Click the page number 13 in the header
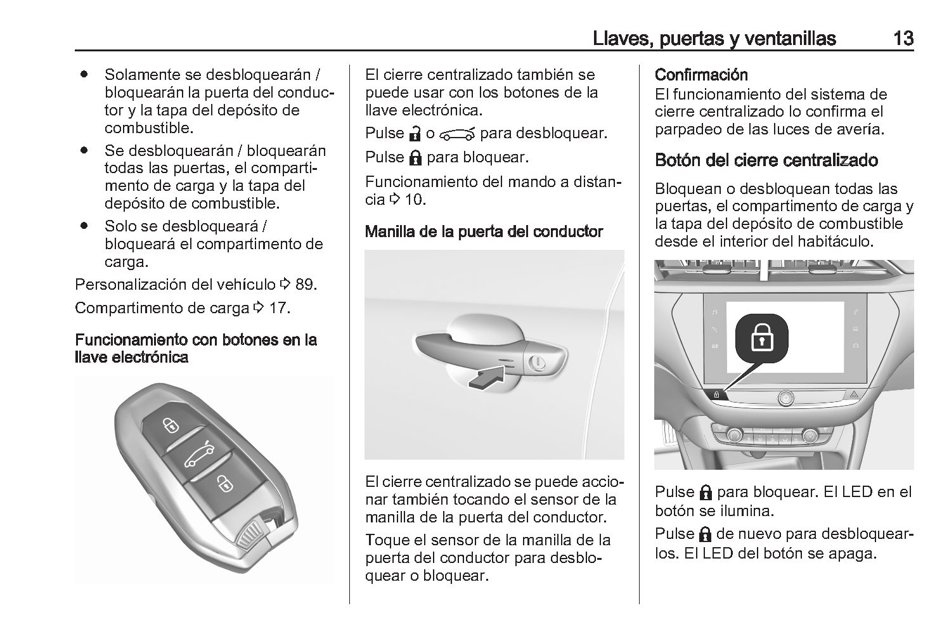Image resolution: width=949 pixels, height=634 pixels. click(x=903, y=39)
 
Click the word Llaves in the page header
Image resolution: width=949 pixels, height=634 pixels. click(x=620, y=39)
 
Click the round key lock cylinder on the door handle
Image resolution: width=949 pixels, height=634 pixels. click(x=536, y=363)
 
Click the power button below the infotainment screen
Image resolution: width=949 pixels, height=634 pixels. click(x=785, y=398)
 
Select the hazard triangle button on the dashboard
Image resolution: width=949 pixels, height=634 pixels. click(x=854, y=394)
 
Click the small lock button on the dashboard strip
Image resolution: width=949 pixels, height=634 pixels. click(x=716, y=394)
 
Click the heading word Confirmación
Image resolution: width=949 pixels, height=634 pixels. click(x=701, y=75)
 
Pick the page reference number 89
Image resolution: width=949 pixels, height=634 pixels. click(x=305, y=284)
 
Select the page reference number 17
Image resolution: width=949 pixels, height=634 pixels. click(x=278, y=308)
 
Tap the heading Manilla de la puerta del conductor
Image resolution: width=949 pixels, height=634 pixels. click(x=484, y=231)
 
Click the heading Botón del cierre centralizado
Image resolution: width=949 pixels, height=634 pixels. click(x=766, y=160)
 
